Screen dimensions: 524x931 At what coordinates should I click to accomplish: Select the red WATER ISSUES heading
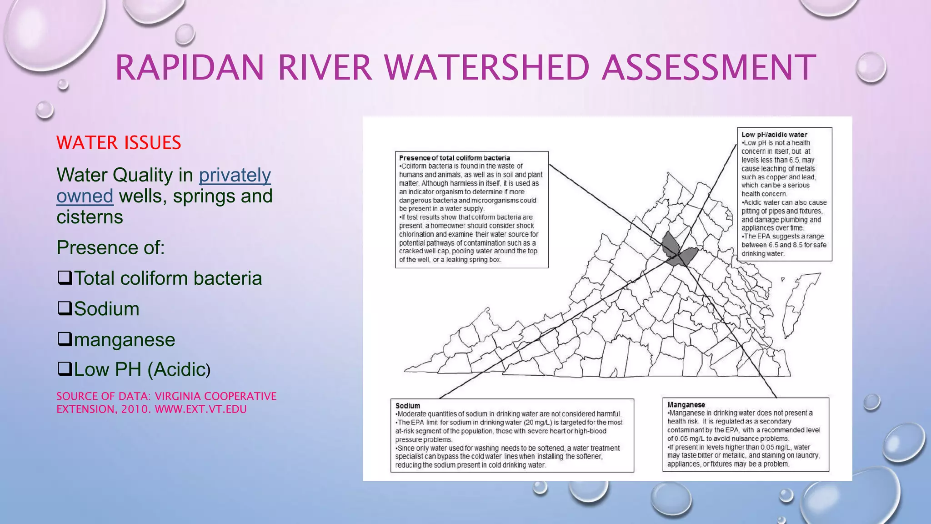(x=119, y=143)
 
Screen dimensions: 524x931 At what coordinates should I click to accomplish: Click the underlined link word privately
(x=235, y=175)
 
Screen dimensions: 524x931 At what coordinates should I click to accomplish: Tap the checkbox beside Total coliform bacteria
(x=65, y=277)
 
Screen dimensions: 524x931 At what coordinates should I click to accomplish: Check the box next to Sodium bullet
(x=65, y=308)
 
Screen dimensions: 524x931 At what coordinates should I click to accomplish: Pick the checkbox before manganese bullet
(x=65, y=339)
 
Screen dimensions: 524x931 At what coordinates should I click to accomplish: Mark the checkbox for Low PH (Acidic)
(x=65, y=369)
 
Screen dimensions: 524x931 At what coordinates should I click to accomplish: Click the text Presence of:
(x=110, y=248)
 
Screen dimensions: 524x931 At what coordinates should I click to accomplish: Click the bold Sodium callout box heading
(x=407, y=406)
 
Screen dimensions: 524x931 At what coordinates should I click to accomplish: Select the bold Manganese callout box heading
(x=686, y=405)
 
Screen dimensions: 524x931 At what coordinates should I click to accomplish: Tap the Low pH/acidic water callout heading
(x=774, y=135)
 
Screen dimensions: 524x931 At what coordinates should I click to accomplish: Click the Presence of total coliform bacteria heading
(x=454, y=158)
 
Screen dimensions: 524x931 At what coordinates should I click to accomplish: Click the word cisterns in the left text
(x=90, y=217)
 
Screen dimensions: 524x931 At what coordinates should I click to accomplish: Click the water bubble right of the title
(x=871, y=67)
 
